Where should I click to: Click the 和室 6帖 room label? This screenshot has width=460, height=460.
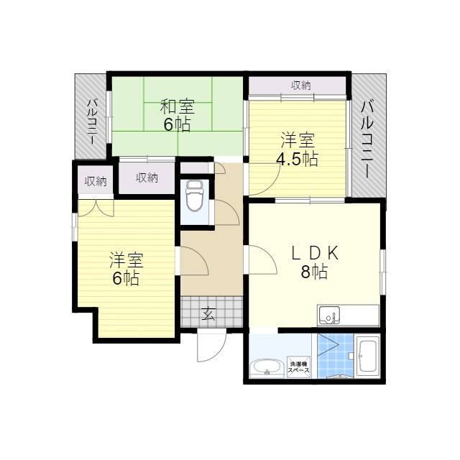(178, 116)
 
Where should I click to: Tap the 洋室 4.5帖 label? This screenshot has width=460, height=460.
(297, 149)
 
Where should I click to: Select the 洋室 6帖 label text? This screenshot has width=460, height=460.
(126, 268)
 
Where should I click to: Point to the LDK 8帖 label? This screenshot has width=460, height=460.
(315, 262)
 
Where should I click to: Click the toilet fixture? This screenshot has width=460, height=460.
(195, 195)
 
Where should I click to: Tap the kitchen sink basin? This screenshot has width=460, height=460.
(329, 316)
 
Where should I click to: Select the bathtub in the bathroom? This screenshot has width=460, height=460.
(367, 356)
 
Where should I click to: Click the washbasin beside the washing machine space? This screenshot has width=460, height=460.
(267, 367)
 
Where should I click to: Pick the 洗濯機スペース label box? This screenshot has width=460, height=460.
(299, 367)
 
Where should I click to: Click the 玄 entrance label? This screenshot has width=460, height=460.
(208, 313)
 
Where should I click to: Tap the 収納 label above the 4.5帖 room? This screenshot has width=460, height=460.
(301, 86)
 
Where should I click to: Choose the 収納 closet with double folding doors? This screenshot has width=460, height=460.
(96, 182)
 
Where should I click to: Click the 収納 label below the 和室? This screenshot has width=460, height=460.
(147, 178)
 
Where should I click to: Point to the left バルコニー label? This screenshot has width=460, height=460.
(92, 121)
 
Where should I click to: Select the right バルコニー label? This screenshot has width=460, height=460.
(367, 139)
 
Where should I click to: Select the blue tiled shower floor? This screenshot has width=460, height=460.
(336, 356)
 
